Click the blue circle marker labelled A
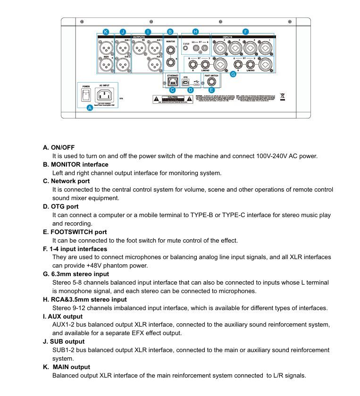(90, 108)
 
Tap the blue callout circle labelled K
(106, 32)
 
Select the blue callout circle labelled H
(196, 32)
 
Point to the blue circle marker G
(233, 74)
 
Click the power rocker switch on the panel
(86, 95)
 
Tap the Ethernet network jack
(172, 81)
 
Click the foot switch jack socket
(211, 81)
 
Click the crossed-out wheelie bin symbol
(282, 97)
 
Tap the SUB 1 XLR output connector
(123, 47)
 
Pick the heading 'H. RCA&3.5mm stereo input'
(85, 300)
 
